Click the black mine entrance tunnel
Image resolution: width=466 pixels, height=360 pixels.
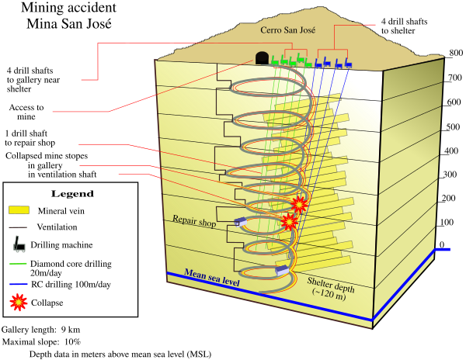pos(263,58)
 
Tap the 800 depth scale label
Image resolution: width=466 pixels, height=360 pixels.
pos(456,53)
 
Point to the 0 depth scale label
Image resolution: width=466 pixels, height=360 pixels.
pos(442,244)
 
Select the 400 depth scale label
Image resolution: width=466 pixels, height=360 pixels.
pos(451,151)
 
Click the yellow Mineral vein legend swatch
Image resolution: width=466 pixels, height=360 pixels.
pos(19,210)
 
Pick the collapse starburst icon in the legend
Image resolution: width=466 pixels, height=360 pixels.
pos(19,302)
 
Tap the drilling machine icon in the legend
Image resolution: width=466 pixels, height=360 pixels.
pos(19,244)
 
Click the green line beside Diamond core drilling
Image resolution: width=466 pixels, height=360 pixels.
pos(18,264)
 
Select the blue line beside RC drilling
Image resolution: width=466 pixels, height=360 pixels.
pos(19,284)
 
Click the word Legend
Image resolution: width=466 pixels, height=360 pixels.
pos(72,194)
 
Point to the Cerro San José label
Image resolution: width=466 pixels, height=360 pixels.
pos(287,30)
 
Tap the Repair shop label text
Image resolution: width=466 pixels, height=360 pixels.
pos(194,221)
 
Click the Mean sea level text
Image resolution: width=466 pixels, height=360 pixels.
pos(211,278)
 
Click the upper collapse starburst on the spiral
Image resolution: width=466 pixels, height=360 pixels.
pos(298,204)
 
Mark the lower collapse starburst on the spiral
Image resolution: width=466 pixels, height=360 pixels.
pos(289,221)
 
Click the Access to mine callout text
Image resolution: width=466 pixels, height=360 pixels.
pos(26,112)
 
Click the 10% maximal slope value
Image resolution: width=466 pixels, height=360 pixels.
pos(72,342)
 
